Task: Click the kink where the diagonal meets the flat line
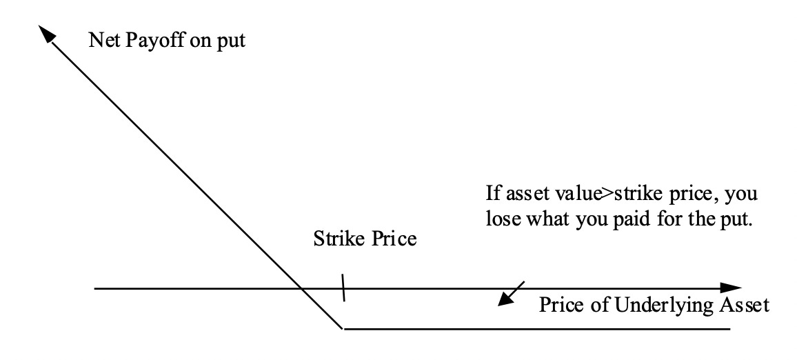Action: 343,328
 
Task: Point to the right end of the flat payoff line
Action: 729,328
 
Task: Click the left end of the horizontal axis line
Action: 95,288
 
